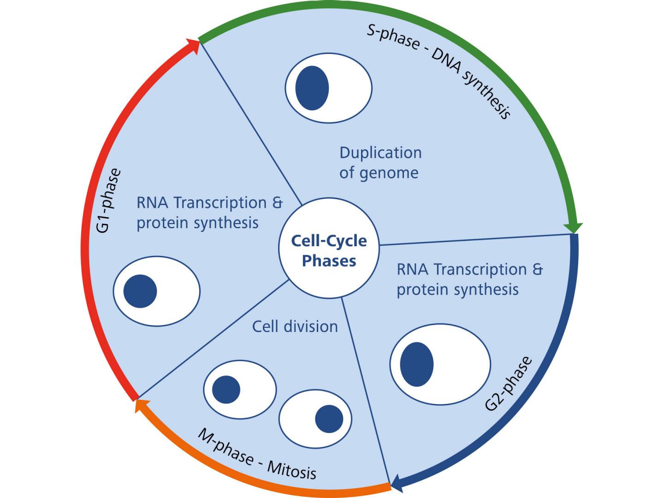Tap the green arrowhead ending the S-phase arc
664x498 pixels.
click(x=573, y=228)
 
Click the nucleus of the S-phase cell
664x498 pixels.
click(x=312, y=88)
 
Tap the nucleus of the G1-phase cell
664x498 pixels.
click(x=140, y=291)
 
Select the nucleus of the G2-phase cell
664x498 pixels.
click(x=416, y=364)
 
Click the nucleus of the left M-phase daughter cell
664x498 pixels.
click(x=226, y=389)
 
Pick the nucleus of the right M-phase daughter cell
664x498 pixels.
click(x=329, y=419)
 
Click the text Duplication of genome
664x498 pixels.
click(x=380, y=162)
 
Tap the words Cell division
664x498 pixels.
click(x=295, y=326)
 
